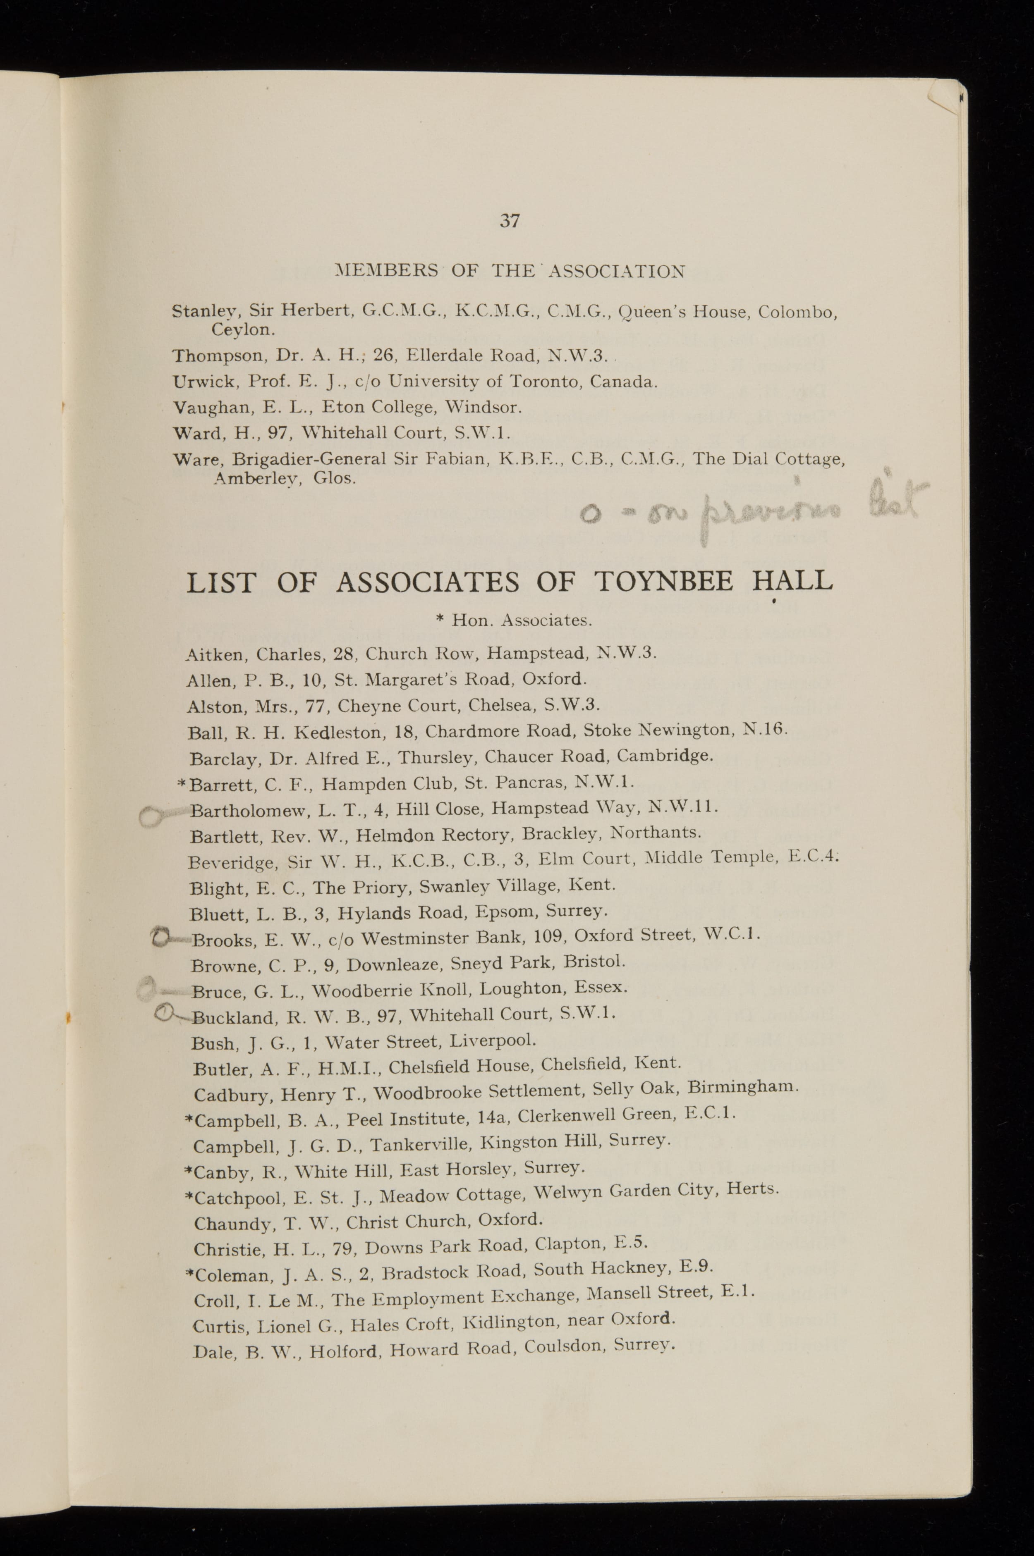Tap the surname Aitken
pyautogui.click(x=214, y=655)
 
